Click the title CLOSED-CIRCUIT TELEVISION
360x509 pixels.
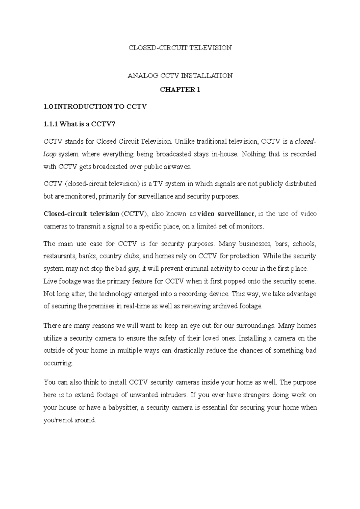180,48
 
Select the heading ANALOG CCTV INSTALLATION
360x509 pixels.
180,76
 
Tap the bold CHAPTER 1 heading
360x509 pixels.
180,90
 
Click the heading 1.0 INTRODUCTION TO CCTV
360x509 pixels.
95,107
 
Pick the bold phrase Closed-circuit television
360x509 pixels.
81,214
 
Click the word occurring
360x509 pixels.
58,363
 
